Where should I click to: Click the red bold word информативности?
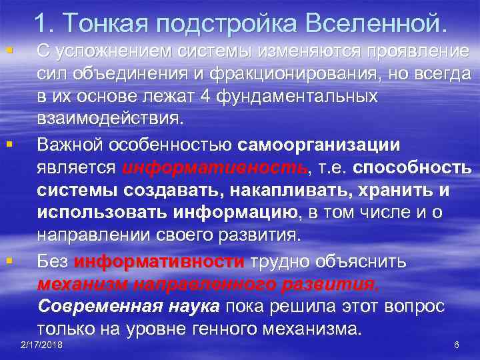(x=160, y=261)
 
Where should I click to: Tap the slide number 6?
(x=456, y=345)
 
